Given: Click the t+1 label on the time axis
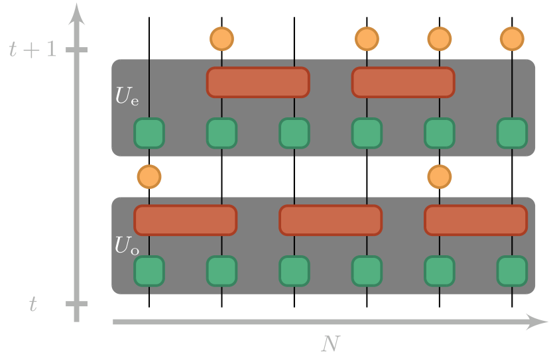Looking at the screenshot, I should coord(32,50).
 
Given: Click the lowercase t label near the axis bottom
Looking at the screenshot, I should coord(32,304).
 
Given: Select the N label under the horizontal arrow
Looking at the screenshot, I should coord(330,343).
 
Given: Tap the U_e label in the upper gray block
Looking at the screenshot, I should coord(127,96).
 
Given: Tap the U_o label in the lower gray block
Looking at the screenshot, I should coord(127,245).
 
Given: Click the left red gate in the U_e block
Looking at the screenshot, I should coord(258,82).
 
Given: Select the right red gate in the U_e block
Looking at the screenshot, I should coord(403,82).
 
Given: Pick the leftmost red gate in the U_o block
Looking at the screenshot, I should coord(186,220).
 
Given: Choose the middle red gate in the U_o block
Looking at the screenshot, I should coord(330,220).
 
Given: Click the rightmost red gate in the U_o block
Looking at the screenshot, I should coord(475,220).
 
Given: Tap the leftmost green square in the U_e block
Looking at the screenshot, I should coord(149,133).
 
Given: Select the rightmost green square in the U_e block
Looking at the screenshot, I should coord(512,133).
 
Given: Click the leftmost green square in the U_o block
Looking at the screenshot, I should coord(149,270).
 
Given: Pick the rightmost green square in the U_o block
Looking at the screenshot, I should coord(512,270).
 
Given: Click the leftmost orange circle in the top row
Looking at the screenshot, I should coord(222,39).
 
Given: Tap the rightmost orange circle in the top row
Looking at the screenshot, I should coord(512,39).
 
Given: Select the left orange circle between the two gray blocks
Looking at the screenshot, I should coord(149,177).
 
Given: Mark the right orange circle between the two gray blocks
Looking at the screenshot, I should coord(439,177).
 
